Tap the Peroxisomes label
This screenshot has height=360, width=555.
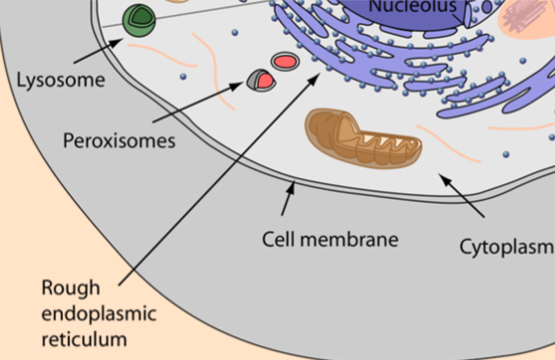coord(118,140)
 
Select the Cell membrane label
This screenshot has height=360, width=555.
coord(330,240)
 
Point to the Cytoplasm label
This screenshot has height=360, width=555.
coord(506,245)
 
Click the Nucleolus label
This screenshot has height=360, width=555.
coord(413,7)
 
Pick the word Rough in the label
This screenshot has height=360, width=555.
coord(71,288)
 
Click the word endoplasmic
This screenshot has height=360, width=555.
coord(99,314)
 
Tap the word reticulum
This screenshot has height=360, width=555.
coord(86,340)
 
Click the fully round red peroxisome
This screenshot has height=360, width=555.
coord(284,63)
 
